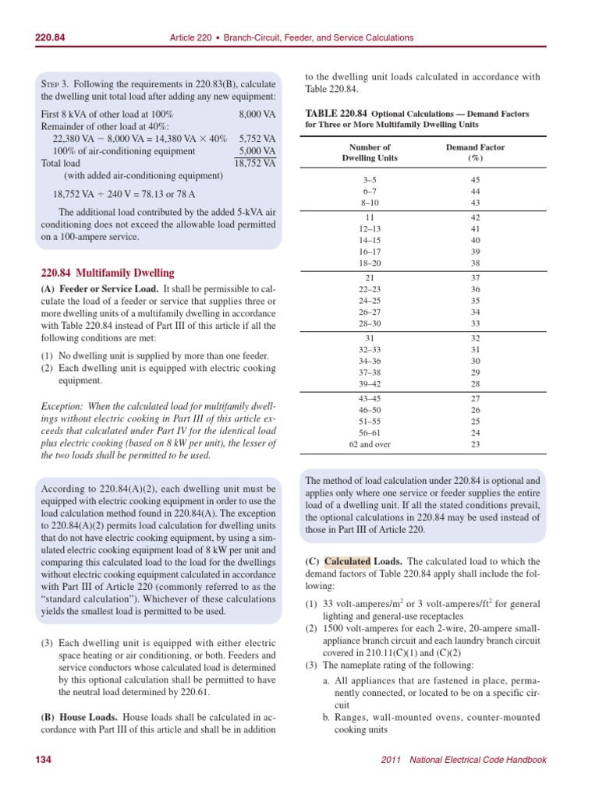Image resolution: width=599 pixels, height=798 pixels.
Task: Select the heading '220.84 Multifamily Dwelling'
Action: [x=108, y=273]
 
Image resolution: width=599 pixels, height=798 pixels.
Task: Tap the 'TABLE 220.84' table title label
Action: [x=335, y=113]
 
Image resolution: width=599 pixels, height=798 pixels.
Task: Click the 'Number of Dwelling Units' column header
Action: [x=370, y=152]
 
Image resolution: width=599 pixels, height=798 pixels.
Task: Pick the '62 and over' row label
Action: [x=370, y=445]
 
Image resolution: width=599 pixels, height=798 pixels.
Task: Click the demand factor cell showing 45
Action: [x=475, y=180]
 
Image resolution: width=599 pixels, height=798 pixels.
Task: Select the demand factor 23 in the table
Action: [x=475, y=445]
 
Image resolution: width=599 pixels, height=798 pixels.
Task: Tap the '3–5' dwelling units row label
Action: [x=370, y=180]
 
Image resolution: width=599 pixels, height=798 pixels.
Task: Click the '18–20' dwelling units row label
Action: [x=370, y=263]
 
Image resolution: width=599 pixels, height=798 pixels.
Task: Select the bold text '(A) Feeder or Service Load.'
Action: [x=99, y=289]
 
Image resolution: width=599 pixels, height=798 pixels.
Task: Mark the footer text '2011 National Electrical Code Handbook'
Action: [x=468, y=760]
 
